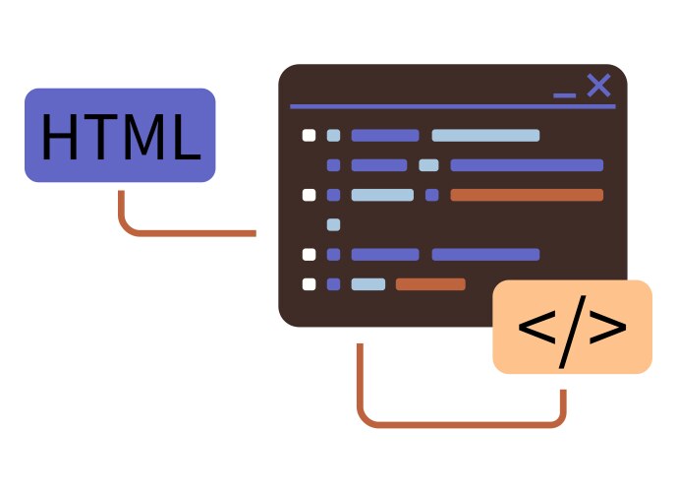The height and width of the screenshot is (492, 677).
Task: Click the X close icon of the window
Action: (x=598, y=86)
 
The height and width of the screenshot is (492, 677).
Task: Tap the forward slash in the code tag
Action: (x=571, y=328)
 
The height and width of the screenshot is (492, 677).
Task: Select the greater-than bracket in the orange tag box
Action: (x=608, y=328)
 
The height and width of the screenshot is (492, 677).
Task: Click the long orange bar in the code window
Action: (x=527, y=195)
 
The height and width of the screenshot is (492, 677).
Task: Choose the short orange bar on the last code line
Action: (x=430, y=284)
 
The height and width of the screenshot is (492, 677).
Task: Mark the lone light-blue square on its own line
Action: (x=333, y=224)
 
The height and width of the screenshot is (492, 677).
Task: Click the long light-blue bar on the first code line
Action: (x=485, y=136)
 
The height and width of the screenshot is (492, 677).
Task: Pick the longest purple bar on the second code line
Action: (x=527, y=165)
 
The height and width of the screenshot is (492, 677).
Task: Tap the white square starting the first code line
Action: (x=309, y=136)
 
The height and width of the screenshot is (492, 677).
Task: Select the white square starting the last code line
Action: (x=309, y=284)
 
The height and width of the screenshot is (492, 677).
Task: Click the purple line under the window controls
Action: (x=453, y=106)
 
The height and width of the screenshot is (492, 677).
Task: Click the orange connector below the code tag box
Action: (x=462, y=425)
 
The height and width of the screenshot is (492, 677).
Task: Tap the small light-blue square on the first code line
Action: (x=333, y=136)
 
